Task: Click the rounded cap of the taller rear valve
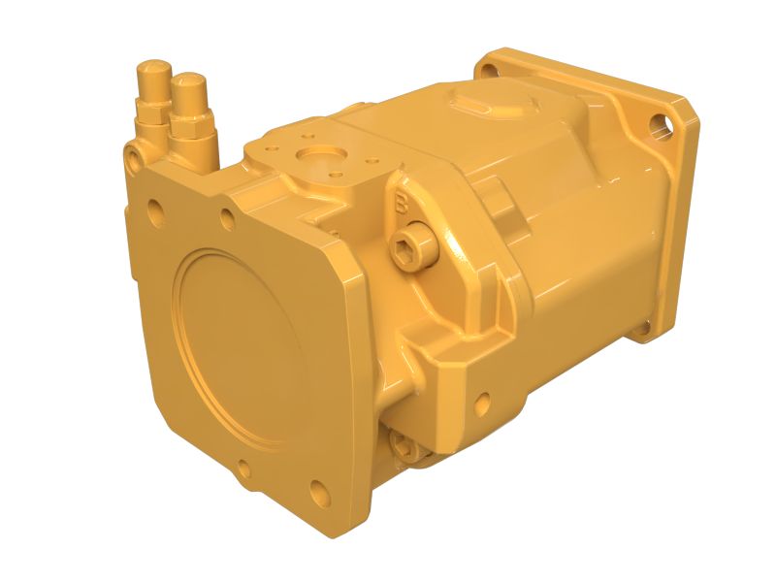(152, 70)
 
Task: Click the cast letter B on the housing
(401, 205)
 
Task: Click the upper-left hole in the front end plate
(152, 208)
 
